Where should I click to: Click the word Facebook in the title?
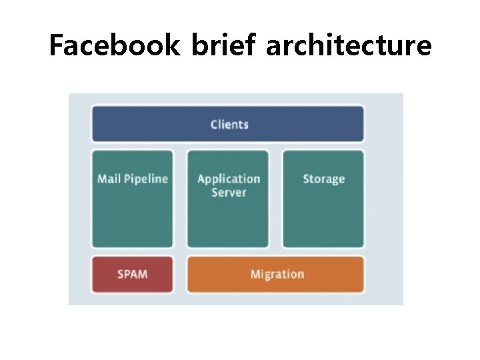[x=115, y=46]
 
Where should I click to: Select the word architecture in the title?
[x=349, y=46]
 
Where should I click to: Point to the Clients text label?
[x=229, y=125]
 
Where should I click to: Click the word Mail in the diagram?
[x=109, y=179]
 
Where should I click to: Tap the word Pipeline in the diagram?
[x=145, y=179]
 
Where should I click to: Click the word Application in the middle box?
[x=229, y=179]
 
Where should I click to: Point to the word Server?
[x=229, y=193]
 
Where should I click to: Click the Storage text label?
[x=323, y=179]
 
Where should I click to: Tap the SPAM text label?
[x=132, y=274]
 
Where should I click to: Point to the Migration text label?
[x=277, y=274]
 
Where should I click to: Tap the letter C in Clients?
[x=214, y=125]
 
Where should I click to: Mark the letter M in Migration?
[x=255, y=274]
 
